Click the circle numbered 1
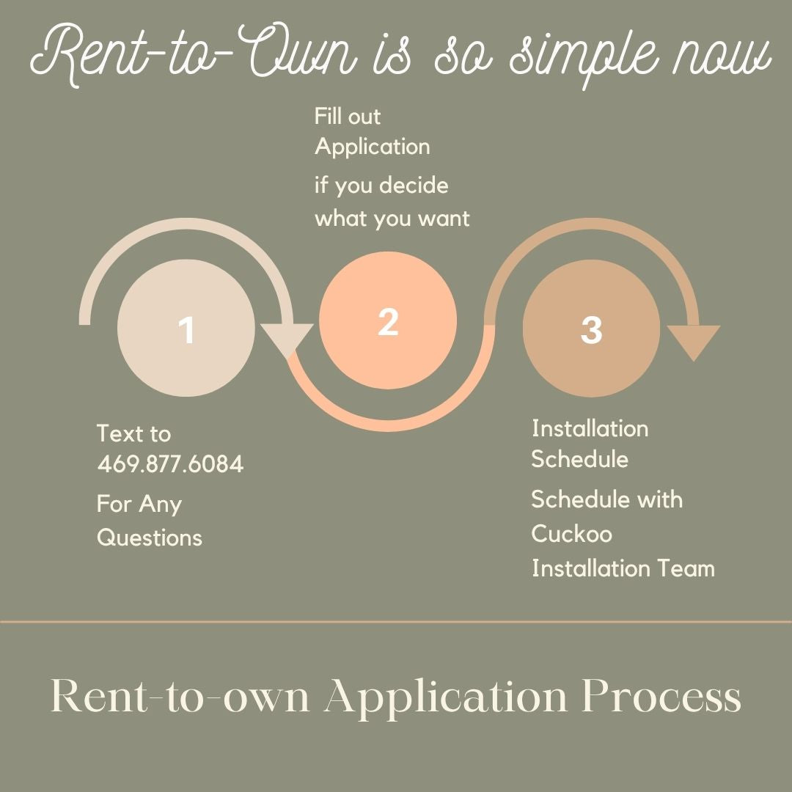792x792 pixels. [x=186, y=329]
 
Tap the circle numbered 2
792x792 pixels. [x=388, y=320]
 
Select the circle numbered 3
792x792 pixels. [x=591, y=329]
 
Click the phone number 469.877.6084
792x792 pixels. [x=170, y=464]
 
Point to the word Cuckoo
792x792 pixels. [x=571, y=534]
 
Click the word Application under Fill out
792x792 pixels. [x=373, y=147]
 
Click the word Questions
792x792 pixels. [x=150, y=538]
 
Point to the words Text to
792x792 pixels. [x=133, y=433]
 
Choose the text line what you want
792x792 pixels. [x=392, y=219]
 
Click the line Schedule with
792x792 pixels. [x=606, y=499]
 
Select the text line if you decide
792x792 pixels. [x=381, y=186]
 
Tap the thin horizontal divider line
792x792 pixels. [x=396, y=622]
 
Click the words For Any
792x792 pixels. [x=139, y=505]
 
